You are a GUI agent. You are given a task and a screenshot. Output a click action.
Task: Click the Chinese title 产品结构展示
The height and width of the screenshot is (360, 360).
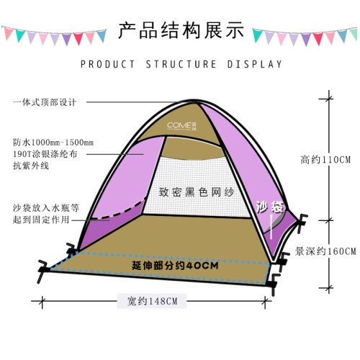point(181,30)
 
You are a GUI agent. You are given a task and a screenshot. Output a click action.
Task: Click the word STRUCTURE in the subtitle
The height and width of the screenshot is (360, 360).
point(181,64)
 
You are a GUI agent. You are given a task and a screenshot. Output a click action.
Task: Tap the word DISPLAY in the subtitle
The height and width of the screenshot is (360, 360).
point(255,64)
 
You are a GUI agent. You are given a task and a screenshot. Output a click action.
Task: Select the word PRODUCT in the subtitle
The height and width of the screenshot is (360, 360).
point(107,64)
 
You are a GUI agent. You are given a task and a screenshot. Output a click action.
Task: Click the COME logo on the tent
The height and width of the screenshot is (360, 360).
point(181,126)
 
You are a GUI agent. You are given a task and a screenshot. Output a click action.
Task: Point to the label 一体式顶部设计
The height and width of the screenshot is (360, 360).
point(45,102)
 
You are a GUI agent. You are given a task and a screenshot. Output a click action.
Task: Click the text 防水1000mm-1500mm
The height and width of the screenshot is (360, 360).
point(53,143)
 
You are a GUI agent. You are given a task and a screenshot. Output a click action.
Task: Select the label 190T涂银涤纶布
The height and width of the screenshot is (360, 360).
point(45,154)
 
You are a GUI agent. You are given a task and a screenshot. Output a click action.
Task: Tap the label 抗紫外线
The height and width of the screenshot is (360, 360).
point(31,166)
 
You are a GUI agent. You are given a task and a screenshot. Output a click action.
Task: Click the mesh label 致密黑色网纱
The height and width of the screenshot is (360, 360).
point(197,192)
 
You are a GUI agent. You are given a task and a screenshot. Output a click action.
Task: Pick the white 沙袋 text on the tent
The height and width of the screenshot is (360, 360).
point(269,207)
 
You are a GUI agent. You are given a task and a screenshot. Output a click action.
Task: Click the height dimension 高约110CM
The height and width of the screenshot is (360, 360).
point(325,160)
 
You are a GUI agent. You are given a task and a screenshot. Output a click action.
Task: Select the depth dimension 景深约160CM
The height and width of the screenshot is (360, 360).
point(325,251)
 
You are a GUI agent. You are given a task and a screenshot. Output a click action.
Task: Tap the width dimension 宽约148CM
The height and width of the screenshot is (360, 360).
point(152,301)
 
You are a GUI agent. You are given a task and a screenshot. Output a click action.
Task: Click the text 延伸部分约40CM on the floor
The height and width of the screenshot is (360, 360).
point(175,266)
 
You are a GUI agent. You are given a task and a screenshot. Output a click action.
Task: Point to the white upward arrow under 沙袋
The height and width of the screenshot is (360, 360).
point(271,226)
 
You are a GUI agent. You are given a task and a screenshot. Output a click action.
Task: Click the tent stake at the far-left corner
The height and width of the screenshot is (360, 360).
point(43,270)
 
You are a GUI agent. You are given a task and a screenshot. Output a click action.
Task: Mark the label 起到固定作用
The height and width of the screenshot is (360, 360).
point(41,220)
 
